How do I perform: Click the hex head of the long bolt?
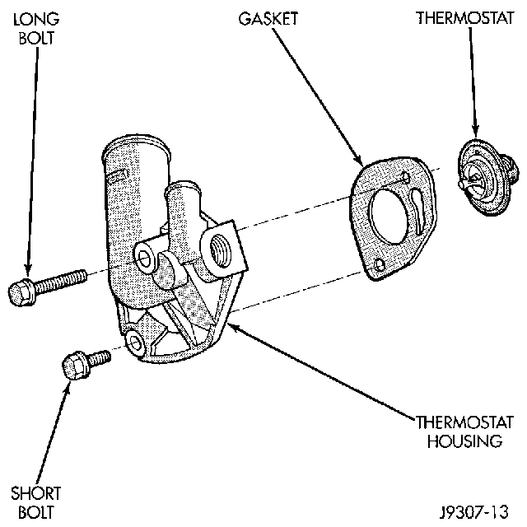click(x=21, y=292)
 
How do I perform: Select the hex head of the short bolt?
click(x=75, y=365)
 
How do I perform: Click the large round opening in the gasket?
click(x=387, y=217)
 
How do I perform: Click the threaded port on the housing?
click(x=222, y=247)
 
